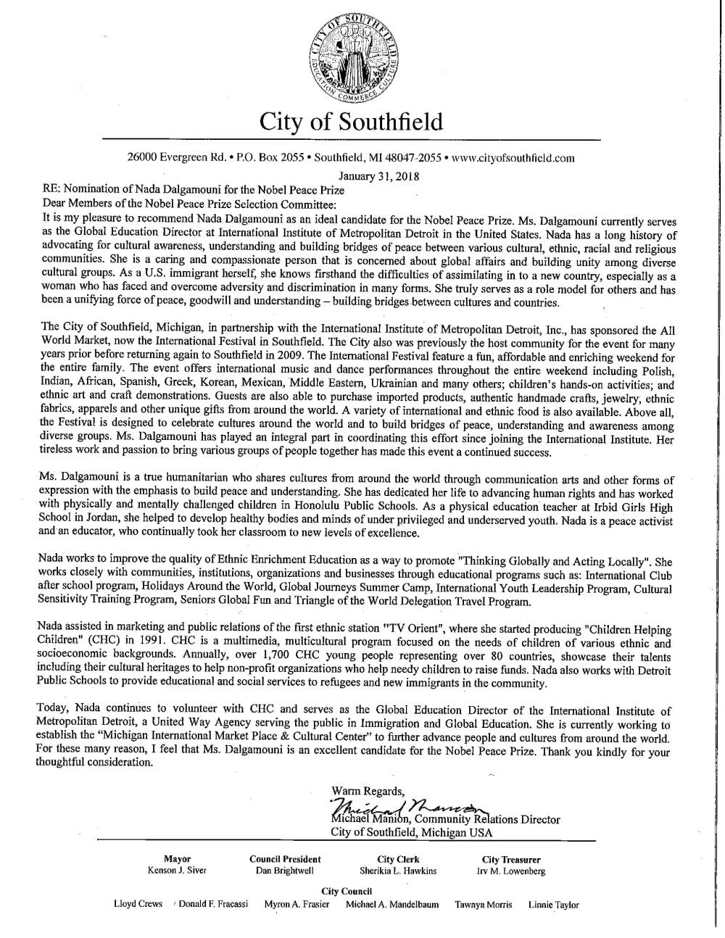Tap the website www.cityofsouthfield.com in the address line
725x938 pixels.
513,157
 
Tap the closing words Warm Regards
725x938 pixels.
368,789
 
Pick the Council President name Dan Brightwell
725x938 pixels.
285,871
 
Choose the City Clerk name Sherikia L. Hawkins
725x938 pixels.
398,871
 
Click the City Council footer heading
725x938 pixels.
346,891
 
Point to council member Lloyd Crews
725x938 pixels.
138,905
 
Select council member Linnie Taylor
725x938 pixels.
553,905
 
